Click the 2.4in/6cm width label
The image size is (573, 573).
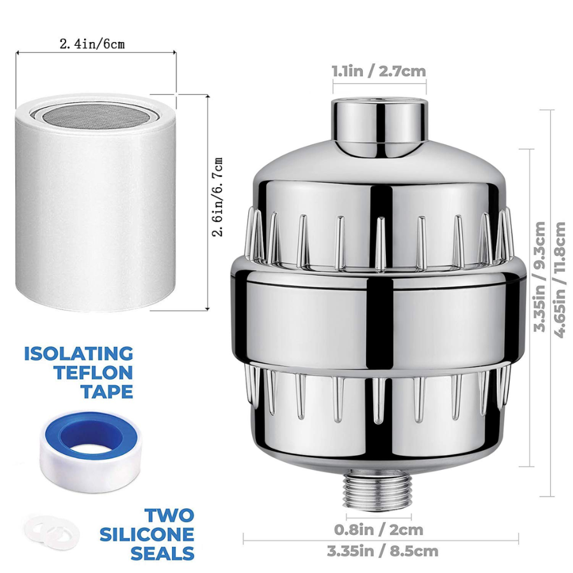(92, 44)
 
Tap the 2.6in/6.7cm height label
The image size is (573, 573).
(218, 197)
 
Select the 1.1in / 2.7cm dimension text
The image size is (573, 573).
(379, 71)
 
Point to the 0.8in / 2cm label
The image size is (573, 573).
(379, 530)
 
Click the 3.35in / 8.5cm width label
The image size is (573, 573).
(382, 551)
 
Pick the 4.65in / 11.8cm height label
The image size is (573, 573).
(560, 280)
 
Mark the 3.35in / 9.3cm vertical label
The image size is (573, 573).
(539, 277)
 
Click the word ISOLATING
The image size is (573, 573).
(78, 354)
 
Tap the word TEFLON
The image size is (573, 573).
(94, 373)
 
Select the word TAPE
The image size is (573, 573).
(107, 392)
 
